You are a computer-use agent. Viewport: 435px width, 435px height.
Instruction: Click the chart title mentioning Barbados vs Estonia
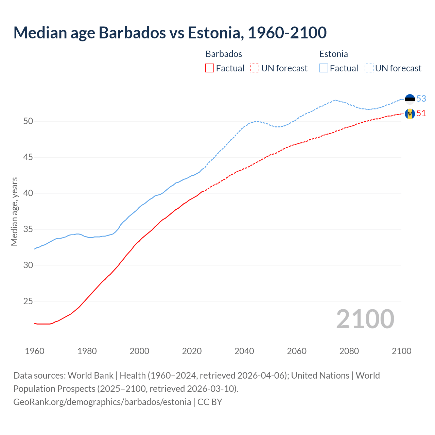click(170, 33)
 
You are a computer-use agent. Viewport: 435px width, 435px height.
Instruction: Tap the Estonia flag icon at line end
click(410, 99)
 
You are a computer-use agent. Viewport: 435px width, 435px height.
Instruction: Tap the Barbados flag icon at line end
click(410, 114)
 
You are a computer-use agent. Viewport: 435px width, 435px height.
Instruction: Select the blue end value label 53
click(421, 99)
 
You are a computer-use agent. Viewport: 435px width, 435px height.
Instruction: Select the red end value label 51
click(421, 113)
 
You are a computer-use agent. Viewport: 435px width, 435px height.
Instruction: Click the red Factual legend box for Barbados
click(210, 68)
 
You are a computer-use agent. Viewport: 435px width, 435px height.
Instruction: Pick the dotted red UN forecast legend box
click(255, 68)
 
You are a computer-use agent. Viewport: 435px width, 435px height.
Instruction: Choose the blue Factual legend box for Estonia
click(324, 68)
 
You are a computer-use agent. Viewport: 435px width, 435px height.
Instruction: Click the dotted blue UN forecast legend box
click(369, 68)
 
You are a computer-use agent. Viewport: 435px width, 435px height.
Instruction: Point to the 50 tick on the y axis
click(28, 121)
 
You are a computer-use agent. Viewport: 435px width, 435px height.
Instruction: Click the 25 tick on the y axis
click(28, 301)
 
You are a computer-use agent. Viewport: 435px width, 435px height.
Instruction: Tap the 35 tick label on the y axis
click(28, 229)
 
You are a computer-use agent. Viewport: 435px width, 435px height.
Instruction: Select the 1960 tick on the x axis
click(35, 351)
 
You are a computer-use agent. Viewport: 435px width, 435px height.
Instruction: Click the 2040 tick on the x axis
click(244, 351)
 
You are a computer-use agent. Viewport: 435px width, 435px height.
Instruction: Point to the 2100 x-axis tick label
click(401, 351)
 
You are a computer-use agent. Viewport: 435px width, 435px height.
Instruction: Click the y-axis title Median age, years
click(14, 211)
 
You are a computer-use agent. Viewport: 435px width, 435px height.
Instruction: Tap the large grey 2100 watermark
click(365, 319)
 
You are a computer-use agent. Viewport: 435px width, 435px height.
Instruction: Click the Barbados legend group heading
click(224, 54)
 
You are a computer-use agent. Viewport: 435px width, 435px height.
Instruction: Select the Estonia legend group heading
click(333, 54)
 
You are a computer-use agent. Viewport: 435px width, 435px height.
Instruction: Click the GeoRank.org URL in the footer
click(102, 402)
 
